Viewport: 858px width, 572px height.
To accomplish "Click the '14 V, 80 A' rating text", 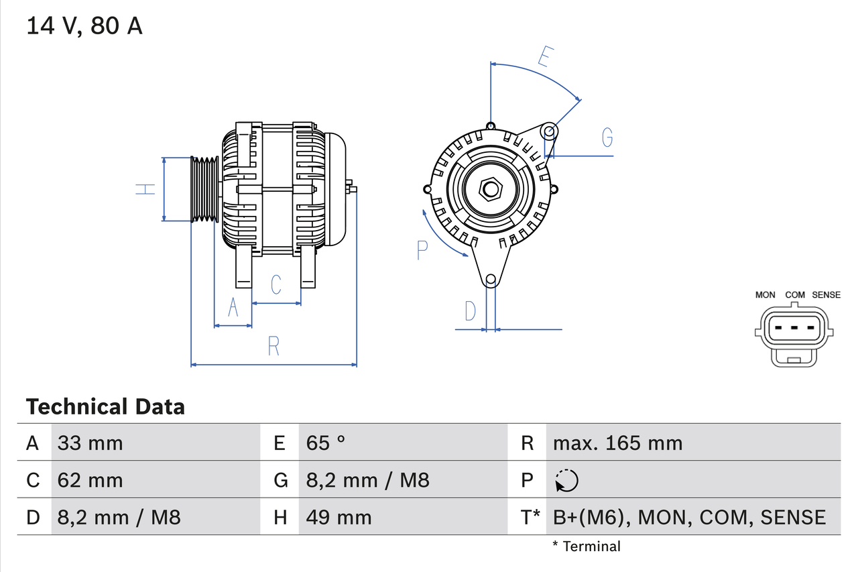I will [x=84, y=26].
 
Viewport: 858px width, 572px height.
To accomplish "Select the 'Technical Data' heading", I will [x=105, y=407].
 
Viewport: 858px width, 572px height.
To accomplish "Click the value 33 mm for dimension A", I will [x=90, y=443].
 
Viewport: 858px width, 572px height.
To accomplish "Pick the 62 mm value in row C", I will [x=90, y=480].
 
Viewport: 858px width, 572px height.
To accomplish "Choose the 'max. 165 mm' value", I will [x=617, y=443].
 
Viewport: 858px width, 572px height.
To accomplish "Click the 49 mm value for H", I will [x=339, y=517].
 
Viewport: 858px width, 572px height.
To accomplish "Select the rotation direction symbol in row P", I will [x=566, y=480].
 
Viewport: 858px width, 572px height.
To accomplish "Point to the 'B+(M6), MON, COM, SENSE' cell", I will [x=689, y=517].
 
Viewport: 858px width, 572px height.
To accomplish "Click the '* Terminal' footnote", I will [x=587, y=547].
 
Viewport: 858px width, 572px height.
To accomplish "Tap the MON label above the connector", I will [x=765, y=295].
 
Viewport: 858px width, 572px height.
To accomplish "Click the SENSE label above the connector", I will [x=826, y=295].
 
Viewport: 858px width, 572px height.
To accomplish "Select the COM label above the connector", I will [x=795, y=295].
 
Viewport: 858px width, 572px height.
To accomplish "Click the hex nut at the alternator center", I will [x=491, y=189].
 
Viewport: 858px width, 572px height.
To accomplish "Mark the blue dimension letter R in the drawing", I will [x=273, y=347].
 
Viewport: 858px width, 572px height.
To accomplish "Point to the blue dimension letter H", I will [x=145, y=189].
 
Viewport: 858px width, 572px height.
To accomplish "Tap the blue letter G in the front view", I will [x=607, y=137].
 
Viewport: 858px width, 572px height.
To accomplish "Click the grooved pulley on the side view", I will [x=205, y=190].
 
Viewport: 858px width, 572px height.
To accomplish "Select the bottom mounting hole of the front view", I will [x=491, y=279].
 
